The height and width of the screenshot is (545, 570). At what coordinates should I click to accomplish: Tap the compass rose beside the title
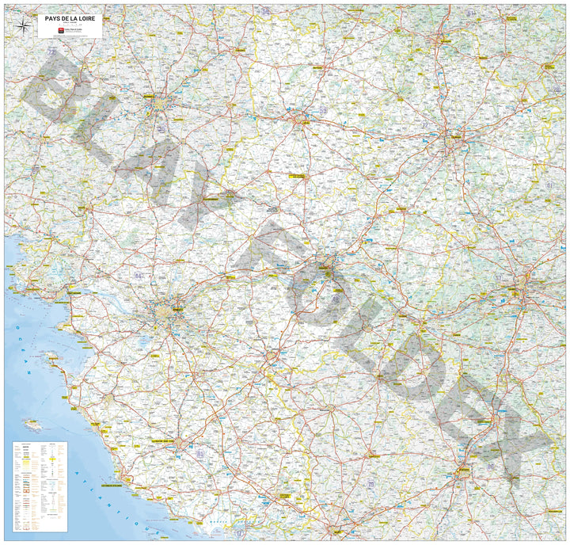pos(25,26)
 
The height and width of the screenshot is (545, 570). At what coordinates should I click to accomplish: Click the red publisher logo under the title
pos(62,31)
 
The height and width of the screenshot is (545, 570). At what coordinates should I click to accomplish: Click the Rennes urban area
pos(158,101)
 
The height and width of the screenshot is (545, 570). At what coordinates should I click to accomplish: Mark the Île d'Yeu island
pos(33,425)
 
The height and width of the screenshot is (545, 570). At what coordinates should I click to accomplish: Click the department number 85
pos(199,453)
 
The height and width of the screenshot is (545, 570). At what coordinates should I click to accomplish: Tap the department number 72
pos(424,125)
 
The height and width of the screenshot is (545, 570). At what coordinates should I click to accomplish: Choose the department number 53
pos(323,110)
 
